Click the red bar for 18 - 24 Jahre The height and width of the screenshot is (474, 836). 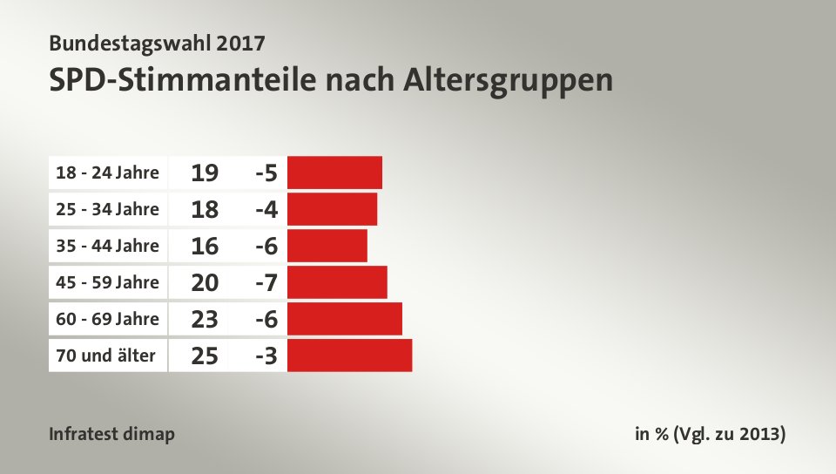pos(334,173)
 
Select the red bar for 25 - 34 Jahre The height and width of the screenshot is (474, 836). pos(332,209)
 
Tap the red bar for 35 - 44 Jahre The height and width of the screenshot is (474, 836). pos(327,246)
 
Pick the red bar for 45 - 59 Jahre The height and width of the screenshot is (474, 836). pos(337,282)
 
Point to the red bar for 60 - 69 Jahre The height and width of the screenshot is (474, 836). pos(344,319)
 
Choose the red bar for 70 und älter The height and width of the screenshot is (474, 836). pos(349,355)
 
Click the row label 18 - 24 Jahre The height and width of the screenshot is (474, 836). pos(107,173)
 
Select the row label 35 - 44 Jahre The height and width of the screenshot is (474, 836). pos(107,246)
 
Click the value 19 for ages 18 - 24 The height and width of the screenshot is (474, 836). pos(205,173)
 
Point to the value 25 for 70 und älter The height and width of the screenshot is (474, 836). pos(205,356)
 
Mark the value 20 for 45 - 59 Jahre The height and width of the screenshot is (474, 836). pos(205,283)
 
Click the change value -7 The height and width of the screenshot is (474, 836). pos(266,283)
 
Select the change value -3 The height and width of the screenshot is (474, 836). pos(266,356)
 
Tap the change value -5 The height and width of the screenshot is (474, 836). pos(266,173)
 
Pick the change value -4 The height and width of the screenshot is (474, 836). pos(266,210)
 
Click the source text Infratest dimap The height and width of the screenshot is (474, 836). pos(112,434)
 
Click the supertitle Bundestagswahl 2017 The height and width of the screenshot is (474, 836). pos(158,42)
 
